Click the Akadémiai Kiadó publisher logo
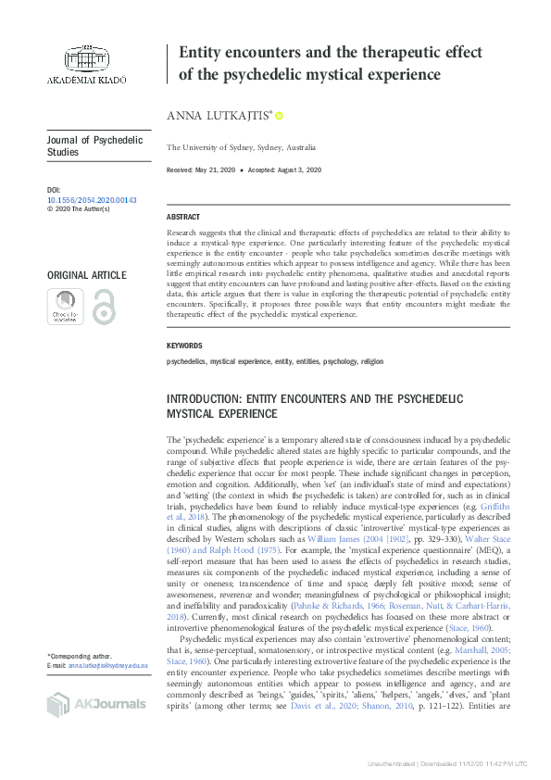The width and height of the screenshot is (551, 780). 86,63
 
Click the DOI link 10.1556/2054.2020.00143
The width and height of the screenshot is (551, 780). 91,199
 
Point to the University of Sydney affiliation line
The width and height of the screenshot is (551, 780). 241,147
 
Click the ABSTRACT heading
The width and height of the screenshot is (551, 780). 183,216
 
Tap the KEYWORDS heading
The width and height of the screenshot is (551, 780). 184,346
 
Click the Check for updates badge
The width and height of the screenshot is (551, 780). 65,307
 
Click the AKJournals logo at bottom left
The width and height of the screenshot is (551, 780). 95,705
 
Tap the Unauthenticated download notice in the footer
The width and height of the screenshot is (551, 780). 447,764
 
